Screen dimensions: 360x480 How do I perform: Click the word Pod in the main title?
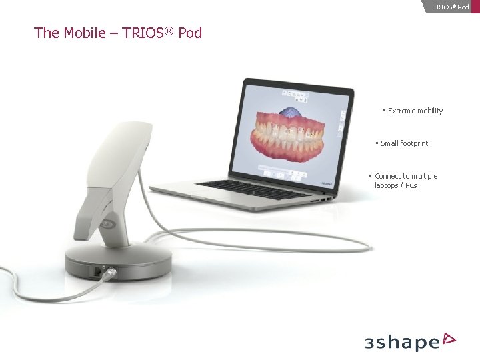coord(190,33)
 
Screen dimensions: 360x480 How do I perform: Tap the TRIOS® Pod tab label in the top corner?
coord(451,7)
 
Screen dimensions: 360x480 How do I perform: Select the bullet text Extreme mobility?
coord(415,111)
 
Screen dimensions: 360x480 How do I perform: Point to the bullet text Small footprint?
coord(404,143)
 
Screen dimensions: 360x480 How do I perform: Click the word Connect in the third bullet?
coord(387,176)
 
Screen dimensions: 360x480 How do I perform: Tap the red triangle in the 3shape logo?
coord(449,339)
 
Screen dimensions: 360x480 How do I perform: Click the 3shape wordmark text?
coord(402,343)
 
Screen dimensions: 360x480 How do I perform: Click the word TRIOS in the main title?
coord(147,33)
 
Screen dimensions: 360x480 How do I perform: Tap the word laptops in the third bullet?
coord(386,185)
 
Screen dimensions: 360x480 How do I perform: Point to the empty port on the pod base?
coord(98,271)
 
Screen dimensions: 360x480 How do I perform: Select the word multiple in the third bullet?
coord(425,176)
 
